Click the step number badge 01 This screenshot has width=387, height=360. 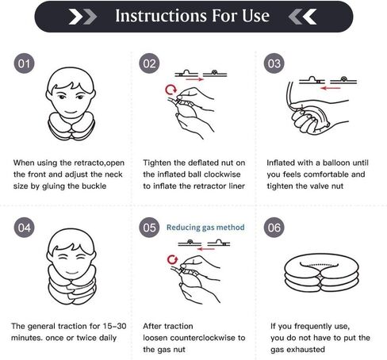click(24, 63)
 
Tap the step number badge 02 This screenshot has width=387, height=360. click(149, 63)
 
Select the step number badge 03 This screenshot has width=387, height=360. click(274, 63)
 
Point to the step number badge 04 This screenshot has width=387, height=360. click(24, 228)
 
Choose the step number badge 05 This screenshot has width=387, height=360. click(149, 228)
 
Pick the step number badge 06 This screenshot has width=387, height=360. click(274, 228)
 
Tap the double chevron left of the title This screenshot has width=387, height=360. click(82, 17)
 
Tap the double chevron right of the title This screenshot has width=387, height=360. click(302, 17)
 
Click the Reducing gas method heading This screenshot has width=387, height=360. click(205, 228)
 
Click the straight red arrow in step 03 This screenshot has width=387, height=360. click(331, 88)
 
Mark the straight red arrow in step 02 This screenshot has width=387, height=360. click(195, 79)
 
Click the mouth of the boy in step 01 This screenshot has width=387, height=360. click(71, 112)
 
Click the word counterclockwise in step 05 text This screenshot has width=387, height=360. click(203, 338)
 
